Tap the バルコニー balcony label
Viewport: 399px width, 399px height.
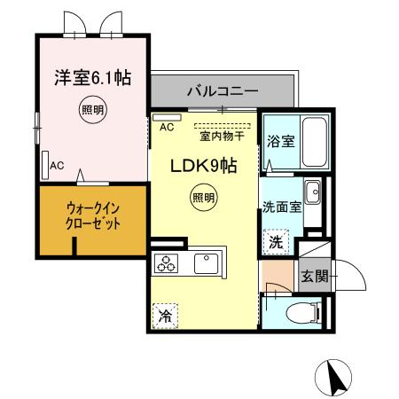click(x=222, y=91)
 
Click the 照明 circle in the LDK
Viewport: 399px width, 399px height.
click(x=203, y=199)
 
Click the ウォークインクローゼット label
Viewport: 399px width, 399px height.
click(x=91, y=216)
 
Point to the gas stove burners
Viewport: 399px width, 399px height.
click(x=167, y=262)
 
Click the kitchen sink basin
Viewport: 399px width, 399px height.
click(x=207, y=262)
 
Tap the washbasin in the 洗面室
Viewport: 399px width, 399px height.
click(x=311, y=192)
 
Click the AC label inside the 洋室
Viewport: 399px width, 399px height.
click(x=57, y=165)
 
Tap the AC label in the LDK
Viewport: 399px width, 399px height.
click(x=167, y=127)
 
